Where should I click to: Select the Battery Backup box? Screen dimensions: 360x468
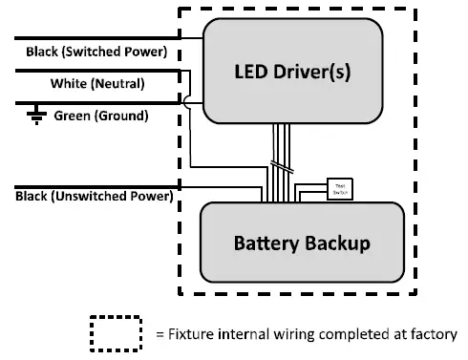pyautogui.click(x=301, y=243)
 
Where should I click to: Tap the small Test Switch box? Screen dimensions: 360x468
pyautogui.click(x=338, y=187)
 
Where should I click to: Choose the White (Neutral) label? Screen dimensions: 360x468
pyautogui.click(x=96, y=84)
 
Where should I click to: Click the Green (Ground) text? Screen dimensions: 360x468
pyautogui.click(x=100, y=116)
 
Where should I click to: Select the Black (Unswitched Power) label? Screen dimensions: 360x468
pyautogui.click(x=94, y=197)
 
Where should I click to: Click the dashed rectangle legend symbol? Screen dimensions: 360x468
pyautogui.click(x=115, y=335)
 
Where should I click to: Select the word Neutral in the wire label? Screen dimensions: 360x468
pyautogui.click(x=118, y=84)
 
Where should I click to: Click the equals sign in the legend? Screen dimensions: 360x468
pyautogui.click(x=160, y=335)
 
